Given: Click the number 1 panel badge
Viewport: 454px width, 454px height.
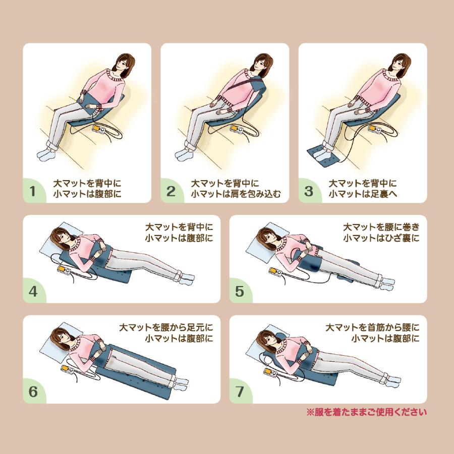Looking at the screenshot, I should click(x=33, y=191).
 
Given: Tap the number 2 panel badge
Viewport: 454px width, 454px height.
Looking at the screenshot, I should click(x=171, y=191).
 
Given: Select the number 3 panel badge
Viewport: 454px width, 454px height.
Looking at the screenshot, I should click(x=309, y=191).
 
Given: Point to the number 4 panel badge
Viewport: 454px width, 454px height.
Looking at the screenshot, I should click(x=33, y=291).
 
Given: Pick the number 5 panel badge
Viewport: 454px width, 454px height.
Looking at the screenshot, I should click(x=240, y=291).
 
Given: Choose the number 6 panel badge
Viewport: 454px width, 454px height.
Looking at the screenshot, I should click(x=33, y=391).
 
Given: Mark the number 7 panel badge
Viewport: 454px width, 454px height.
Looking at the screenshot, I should click(x=240, y=391).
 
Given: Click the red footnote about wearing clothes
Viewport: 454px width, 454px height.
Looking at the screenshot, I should click(x=366, y=412).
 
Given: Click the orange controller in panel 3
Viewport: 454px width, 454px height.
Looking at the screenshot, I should click(x=375, y=130).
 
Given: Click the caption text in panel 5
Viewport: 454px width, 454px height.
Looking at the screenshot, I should click(x=381, y=232).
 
